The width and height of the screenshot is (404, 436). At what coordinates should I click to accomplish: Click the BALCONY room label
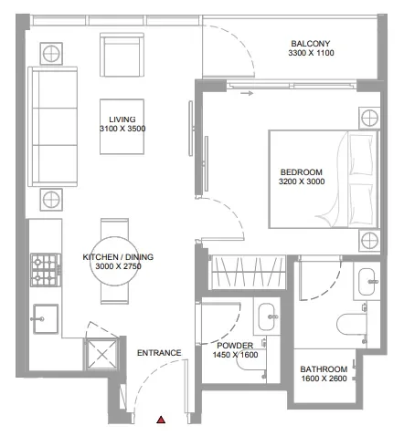[310, 44]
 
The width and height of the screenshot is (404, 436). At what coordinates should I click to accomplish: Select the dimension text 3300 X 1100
[310, 55]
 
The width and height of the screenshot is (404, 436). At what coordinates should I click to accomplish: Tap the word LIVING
[122, 119]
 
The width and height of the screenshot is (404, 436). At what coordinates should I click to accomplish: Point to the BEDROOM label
[301, 171]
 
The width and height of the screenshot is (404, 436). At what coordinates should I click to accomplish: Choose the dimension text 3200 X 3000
[301, 182]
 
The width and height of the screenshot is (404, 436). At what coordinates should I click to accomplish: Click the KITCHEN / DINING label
[118, 257]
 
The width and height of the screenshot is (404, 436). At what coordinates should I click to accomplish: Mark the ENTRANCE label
[159, 353]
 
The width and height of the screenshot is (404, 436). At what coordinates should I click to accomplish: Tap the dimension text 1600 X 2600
[324, 380]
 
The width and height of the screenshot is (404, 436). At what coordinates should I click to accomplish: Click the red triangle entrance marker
[161, 419]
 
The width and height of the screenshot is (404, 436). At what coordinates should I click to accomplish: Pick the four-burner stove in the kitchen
[43, 267]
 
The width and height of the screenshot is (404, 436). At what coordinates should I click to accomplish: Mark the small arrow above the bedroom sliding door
[247, 92]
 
